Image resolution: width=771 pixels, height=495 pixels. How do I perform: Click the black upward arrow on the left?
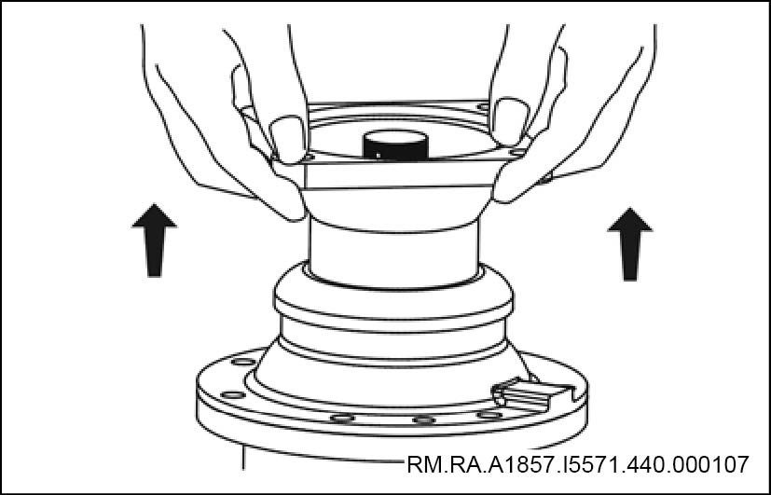coord(155,240)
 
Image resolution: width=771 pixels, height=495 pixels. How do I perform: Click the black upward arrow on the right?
coord(630,244)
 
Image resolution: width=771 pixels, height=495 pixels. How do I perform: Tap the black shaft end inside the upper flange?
coord(395,145)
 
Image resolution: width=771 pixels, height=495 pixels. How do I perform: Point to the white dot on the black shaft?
coord(378,155)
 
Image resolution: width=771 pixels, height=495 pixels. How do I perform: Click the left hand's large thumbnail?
coord(289,139)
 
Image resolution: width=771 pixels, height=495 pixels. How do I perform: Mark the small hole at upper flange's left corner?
coord(308,158)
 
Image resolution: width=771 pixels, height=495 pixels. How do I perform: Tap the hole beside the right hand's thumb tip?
coord(517,152)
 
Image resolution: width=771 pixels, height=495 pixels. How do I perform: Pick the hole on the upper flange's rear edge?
coord(483,106)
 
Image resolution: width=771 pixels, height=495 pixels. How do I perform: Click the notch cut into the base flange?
coord(533,394)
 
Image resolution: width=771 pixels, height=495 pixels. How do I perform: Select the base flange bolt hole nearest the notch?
coord(489,415)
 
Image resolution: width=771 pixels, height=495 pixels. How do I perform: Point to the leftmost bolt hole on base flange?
coord(233,394)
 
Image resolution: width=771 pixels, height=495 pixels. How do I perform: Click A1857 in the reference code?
coord(521,464)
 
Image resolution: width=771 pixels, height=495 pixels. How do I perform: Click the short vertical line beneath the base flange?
coord(243,457)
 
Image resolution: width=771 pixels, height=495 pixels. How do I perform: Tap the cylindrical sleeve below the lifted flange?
coord(393,254)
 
